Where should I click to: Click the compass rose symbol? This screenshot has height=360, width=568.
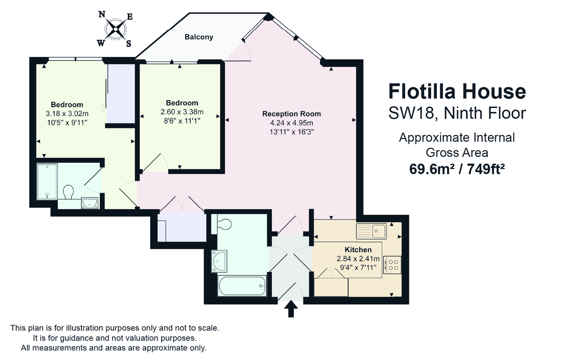115,29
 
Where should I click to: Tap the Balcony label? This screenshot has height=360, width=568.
199,37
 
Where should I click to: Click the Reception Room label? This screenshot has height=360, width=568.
292,114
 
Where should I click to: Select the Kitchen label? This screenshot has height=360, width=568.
358,250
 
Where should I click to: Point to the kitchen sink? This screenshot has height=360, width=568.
372,231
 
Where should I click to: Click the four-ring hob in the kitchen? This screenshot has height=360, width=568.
392,265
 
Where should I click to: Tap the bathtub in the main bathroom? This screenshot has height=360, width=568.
242,286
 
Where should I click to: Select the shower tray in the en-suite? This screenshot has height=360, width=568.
47,181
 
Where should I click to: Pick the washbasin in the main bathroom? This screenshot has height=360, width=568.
220,261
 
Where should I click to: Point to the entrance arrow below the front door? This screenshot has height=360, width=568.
291,309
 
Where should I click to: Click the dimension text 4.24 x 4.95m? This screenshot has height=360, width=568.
292,123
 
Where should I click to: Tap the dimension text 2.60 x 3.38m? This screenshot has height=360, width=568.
182,112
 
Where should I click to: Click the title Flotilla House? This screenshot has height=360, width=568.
457,91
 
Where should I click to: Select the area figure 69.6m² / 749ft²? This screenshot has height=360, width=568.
457,169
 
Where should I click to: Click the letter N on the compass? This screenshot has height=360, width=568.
102,14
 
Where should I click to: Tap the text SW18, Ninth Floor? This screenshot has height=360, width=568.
457,113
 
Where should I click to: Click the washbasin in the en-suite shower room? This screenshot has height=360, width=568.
89,203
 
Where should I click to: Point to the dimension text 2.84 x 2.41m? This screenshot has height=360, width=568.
358,259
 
